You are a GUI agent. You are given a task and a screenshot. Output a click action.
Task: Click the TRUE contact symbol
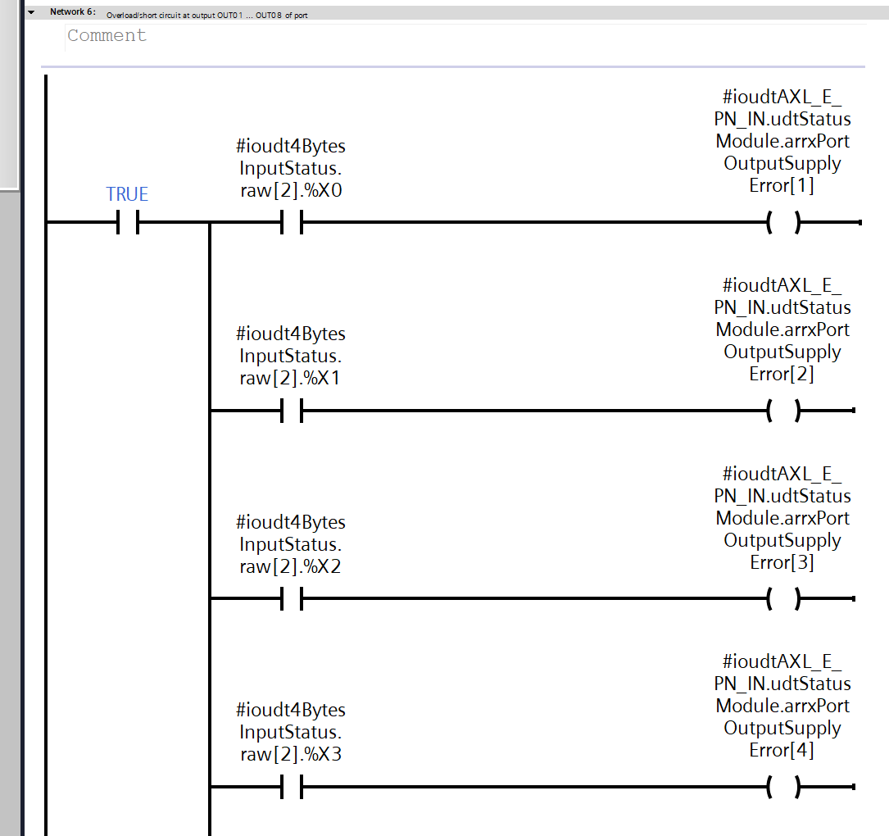[x=127, y=222]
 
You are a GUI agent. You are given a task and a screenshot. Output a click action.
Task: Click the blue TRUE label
[x=127, y=194]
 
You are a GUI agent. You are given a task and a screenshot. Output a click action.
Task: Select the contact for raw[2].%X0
[x=292, y=222]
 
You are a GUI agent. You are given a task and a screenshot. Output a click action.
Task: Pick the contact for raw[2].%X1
[x=292, y=411]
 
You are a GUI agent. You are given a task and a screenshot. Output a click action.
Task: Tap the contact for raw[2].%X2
[x=292, y=599]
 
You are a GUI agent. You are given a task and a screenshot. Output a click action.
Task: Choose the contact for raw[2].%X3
[x=292, y=788]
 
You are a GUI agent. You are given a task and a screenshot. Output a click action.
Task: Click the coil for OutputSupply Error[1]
[x=782, y=222]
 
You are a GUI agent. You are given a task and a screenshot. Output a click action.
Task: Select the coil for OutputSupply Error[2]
[x=782, y=411]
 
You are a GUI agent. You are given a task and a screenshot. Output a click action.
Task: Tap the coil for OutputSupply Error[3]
[x=782, y=599]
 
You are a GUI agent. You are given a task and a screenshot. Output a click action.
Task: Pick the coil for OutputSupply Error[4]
[x=782, y=788]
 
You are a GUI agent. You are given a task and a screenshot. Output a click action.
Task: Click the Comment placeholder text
[x=107, y=35]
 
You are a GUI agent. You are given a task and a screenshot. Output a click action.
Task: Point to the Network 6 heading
[x=72, y=12]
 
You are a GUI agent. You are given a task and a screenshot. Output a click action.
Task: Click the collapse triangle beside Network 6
[x=31, y=12]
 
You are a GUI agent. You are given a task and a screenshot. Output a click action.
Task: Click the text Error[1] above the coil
[x=782, y=185]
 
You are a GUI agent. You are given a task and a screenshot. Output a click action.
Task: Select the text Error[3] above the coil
[x=782, y=562]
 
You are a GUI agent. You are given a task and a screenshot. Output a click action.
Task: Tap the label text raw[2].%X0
[x=291, y=190]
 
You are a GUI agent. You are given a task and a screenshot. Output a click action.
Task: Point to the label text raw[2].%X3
[x=291, y=754]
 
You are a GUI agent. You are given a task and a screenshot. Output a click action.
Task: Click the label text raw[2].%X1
[x=291, y=378]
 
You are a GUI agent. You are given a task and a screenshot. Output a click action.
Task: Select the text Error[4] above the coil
[x=782, y=750]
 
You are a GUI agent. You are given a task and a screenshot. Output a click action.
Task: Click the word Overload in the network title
[x=121, y=15]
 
